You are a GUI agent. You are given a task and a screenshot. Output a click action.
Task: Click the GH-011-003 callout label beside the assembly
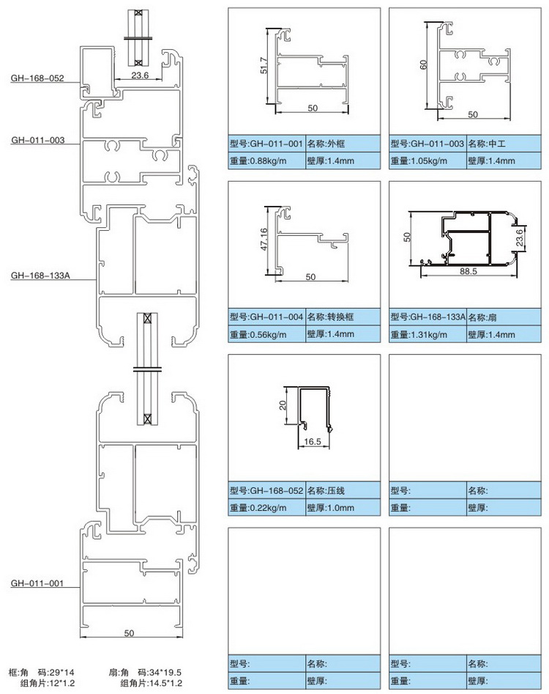click(x=37, y=139)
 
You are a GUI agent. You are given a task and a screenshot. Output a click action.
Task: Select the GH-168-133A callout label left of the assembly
click(x=40, y=276)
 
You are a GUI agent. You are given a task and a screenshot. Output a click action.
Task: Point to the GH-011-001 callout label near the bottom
click(x=37, y=583)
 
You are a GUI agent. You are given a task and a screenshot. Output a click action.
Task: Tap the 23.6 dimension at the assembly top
click(x=140, y=75)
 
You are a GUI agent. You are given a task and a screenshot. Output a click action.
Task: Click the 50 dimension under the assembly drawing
click(x=129, y=632)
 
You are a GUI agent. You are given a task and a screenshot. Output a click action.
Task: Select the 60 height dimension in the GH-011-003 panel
click(x=423, y=64)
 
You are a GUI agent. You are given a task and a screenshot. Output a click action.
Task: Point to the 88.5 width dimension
click(x=468, y=271)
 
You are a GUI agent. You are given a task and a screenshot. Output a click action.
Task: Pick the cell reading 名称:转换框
click(x=343, y=317)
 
